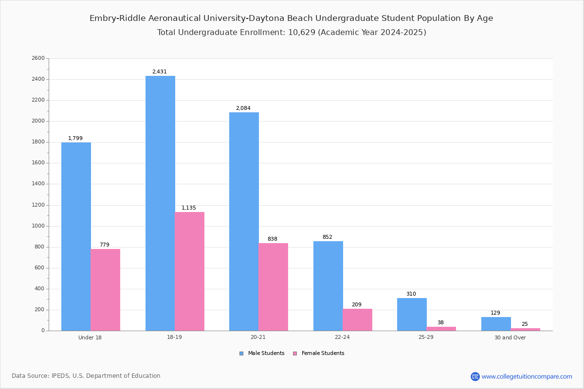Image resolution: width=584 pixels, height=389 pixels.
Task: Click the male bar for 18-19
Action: tap(160, 203)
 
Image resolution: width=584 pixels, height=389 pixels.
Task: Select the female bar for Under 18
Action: tap(105, 290)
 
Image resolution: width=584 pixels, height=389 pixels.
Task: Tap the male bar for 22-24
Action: tap(328, 286)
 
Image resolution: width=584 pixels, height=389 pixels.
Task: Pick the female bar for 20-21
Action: tap(273, 287)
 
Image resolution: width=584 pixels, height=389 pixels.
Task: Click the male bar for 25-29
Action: tap(412, 315)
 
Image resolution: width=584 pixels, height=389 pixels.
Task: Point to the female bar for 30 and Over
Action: tap(525, 330)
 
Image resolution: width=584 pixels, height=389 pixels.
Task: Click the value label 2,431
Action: tap(160, 71)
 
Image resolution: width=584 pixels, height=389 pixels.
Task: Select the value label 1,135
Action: tap(189, 208)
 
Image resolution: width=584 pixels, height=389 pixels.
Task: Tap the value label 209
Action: tap(357, 304)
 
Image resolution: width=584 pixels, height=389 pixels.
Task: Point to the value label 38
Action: tap(440, 322)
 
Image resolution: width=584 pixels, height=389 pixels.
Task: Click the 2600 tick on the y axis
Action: tap(38, 58)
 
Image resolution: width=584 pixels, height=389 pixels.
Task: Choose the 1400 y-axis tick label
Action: tap(38, 184)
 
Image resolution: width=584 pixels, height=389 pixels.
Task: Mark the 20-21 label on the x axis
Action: tap(258, 337)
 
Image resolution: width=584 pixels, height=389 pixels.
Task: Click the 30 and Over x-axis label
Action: tap(510, 337)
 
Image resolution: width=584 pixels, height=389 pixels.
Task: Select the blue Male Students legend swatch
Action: tap(241, 354)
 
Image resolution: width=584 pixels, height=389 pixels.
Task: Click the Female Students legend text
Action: tap(323, 353)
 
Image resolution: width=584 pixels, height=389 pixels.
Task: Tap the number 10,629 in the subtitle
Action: tap(302, 32)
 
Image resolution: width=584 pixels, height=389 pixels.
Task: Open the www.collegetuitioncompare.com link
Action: tap(527, 376)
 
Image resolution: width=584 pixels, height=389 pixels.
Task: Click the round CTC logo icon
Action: tap(475, 376)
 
